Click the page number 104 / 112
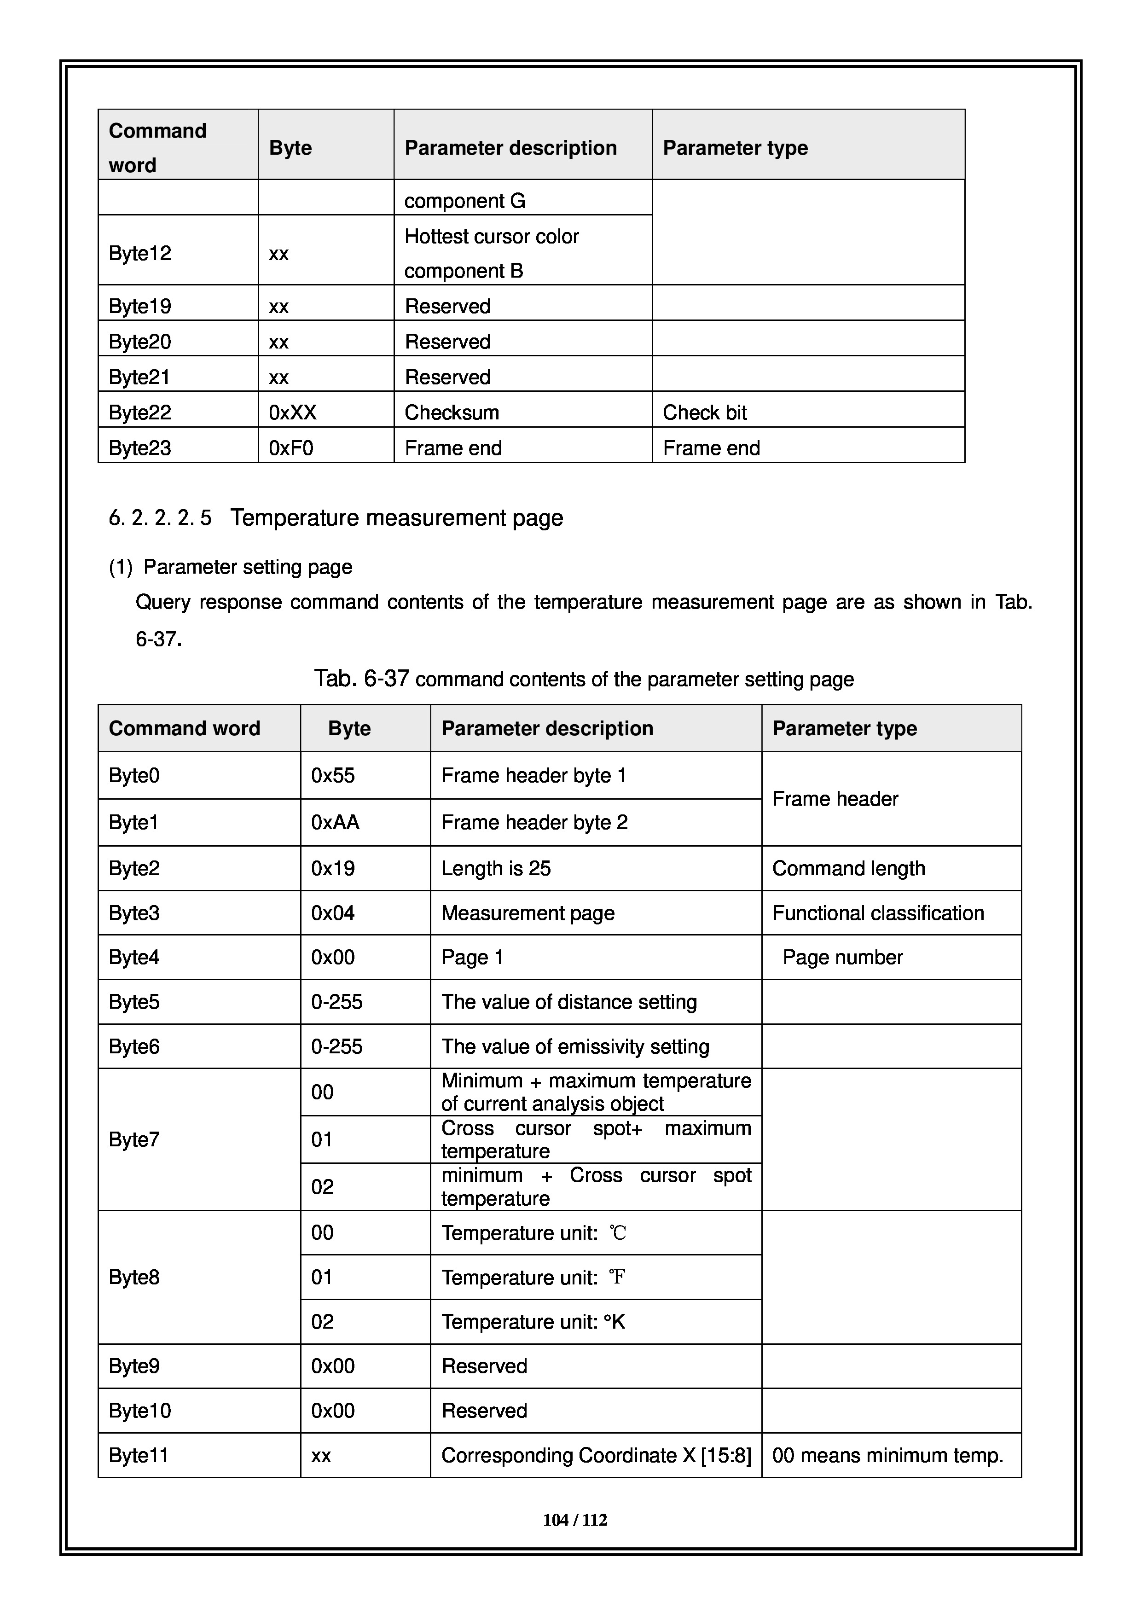pyautogui.click(x=574, y=1520)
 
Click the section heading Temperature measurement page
pyautogui.click(x=397, y=518)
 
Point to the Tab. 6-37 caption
pyautogui.click(x=584, y=679)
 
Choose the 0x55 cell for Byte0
pyautogui.click(x=333, y=775)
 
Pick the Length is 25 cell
pyautogui.click(x=496, y=869)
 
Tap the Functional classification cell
pyautogui.click(x=878, y=913)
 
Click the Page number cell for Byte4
pyautogui.click(x=842, y=957)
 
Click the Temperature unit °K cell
pyautogui.click(x=533, y=1322)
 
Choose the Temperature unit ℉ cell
pyautogui.click(x=533, y=1278)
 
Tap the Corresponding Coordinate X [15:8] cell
pyautogui.click(x=596, y=1455)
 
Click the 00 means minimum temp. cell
pyautogui.click(x=887, y=1455)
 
